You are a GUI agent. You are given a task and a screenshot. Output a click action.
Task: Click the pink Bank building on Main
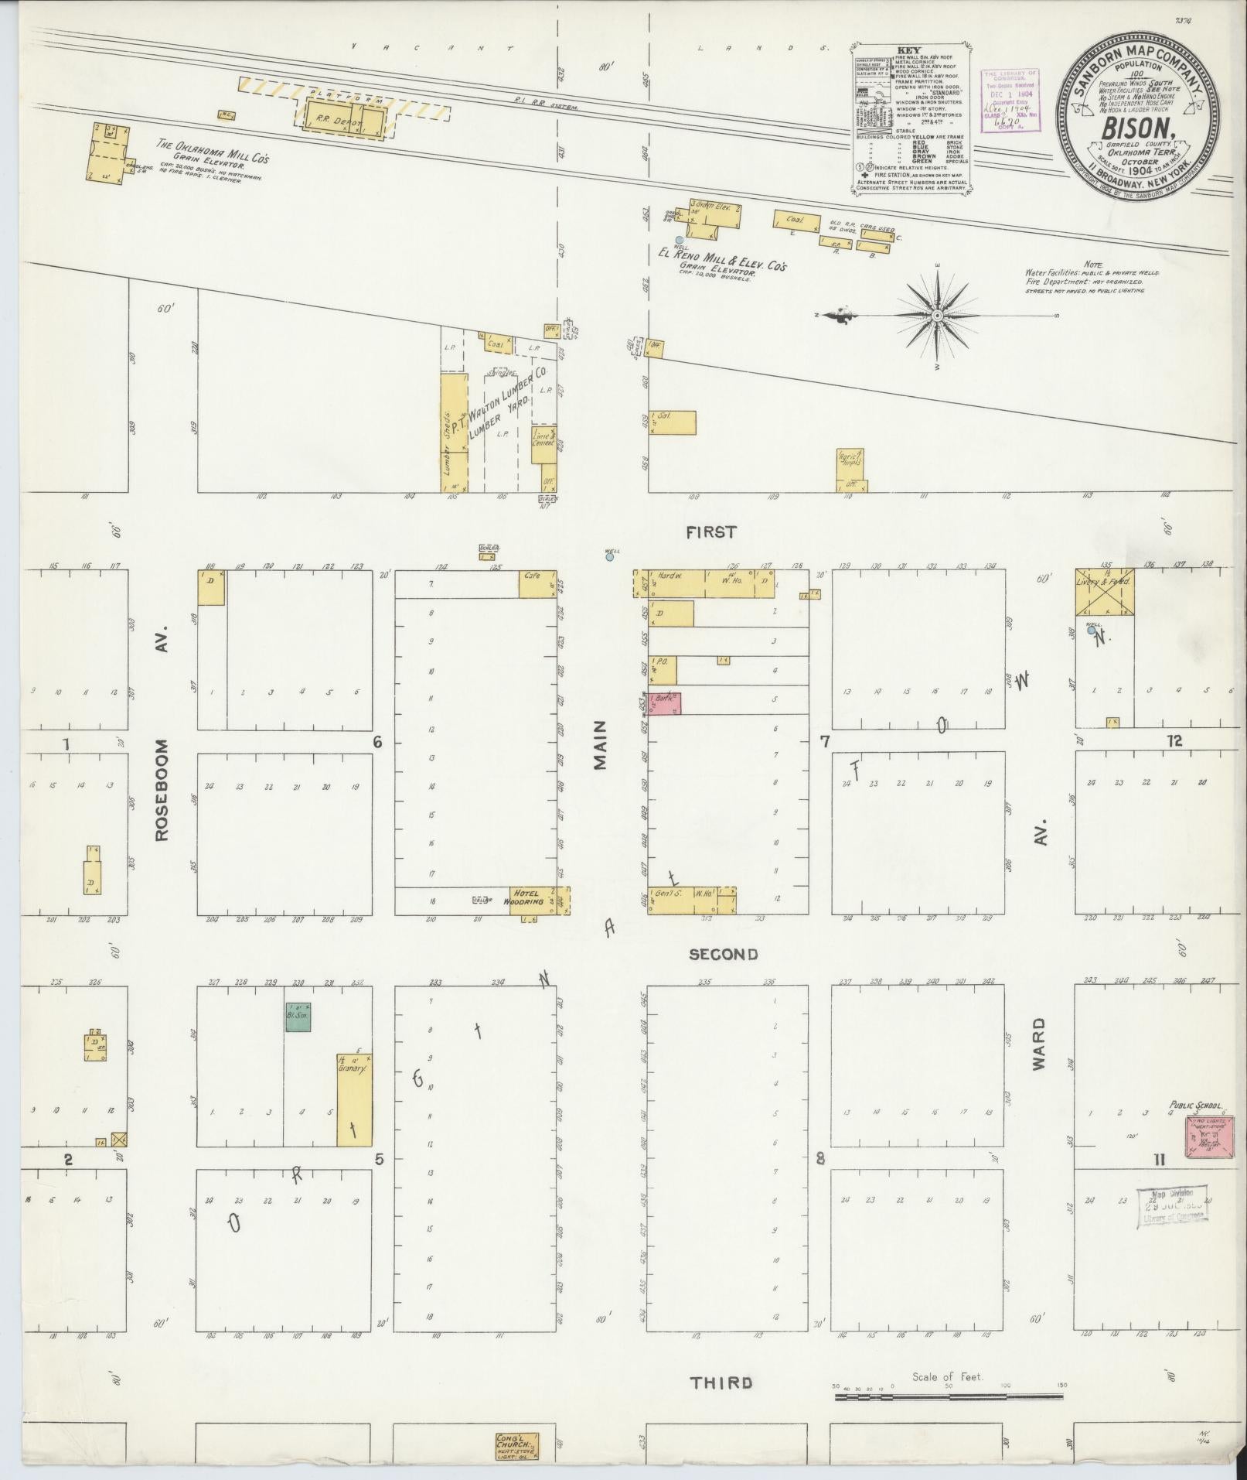tap(664, 703)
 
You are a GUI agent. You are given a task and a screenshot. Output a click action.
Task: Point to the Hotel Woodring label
tap(530, 897)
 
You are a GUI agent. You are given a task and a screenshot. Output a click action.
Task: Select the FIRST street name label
tap(710, 532)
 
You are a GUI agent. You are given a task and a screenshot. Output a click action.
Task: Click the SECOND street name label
tap(723, 955)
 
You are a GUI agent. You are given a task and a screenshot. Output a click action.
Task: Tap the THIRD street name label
tap(721, 1383)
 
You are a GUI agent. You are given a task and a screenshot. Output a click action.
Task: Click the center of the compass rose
tap(937, 316)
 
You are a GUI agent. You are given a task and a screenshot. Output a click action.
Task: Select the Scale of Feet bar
tap(949, 1398)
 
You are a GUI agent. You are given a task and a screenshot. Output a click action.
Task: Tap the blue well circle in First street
tap(609, 556)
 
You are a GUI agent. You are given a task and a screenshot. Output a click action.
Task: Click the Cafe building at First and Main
tap(537, 584)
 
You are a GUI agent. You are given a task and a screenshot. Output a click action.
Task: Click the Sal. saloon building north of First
tap(672, 422)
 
